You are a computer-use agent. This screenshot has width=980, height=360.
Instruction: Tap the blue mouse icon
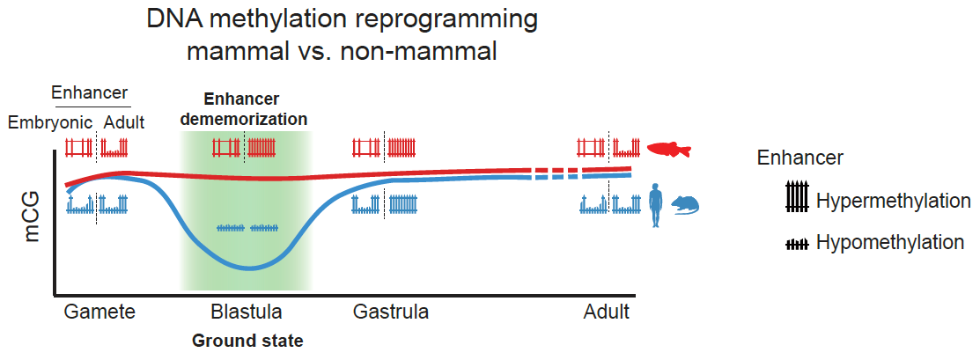(x=686, y=206)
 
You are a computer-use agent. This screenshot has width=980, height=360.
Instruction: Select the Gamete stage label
(x=99, y=312)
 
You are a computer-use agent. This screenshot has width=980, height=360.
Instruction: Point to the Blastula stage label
(x=247, y=312)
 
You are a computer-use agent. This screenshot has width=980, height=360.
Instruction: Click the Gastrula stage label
(x=391, y=312)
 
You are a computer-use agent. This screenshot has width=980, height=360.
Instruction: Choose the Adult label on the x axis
(x=607, y=312)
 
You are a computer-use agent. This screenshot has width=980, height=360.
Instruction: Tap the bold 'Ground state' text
(x=247, y=340)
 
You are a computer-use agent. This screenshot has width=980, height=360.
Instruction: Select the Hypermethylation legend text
(x=893, y=201)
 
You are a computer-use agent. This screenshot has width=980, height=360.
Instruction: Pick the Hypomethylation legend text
(x=890, y=243)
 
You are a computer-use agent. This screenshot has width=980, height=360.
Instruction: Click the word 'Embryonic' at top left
(x=50, y=122)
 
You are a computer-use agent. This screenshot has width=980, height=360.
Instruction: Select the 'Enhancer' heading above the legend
(x=800, y=158)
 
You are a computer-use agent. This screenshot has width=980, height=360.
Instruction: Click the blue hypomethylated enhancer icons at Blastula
(x=247, y=228)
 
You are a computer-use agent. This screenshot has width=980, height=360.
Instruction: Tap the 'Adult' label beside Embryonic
(x=124, y=122)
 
